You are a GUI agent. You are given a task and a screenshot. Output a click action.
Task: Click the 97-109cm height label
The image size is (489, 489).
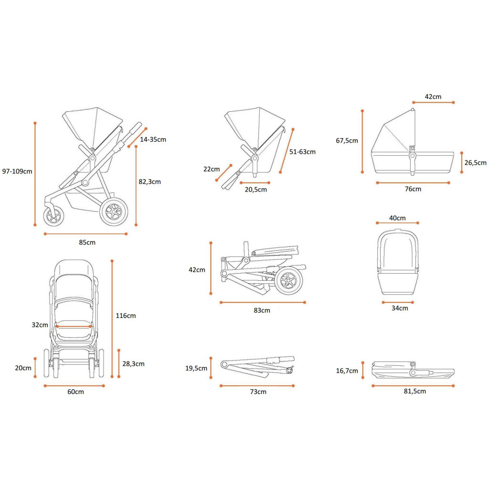coord(17,171)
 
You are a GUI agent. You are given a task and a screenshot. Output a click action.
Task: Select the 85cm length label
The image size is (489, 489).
coord(87,242)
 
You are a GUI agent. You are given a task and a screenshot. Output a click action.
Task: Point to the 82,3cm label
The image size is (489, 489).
coord(149,181)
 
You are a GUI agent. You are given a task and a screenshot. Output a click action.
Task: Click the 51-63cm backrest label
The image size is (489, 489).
coord(302,152)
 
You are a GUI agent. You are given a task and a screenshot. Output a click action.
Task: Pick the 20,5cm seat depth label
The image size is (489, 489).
coord(255,190)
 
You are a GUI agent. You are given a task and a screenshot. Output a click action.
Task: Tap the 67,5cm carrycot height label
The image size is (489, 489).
coord(347,140)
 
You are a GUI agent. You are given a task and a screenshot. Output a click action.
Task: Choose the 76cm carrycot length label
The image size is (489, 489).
coord(413,189)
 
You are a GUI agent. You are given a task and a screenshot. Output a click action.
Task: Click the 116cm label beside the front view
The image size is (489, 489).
coord(126,316)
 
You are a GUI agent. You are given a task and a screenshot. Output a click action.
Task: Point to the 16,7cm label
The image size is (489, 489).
coord(347,371)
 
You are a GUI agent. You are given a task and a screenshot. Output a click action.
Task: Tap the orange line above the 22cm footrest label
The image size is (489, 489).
coord(224,173)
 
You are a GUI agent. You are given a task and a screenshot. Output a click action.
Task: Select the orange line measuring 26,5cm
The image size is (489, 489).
coord(462,162)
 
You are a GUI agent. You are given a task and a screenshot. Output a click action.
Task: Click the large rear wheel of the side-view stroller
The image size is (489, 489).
coord(114,211)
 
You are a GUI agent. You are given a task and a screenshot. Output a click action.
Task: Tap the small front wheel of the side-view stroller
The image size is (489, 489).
coord(53,216)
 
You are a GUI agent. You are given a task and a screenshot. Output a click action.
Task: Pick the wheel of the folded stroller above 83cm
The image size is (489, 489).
coord(288,280)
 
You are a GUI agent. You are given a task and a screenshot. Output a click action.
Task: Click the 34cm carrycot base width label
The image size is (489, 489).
coord(400,308)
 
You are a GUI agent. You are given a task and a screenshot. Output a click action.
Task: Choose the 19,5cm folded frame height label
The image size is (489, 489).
coord(196,368)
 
